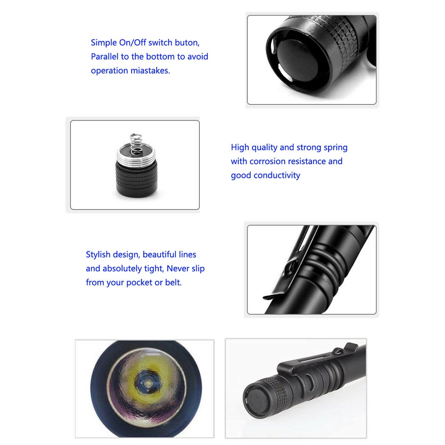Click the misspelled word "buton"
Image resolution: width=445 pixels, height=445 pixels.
(187, 43)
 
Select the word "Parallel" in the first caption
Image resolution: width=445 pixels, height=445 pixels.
(105, 57)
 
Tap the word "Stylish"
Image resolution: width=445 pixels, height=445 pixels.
(101, 255)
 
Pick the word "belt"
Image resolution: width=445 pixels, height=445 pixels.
(173, 283)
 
